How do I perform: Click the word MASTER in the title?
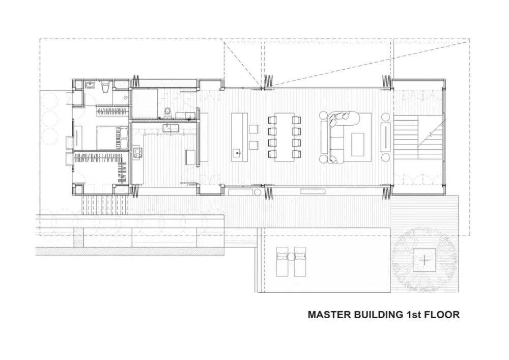point(328,315)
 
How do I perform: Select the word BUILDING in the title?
point(377,315)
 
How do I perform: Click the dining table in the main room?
point(285,136)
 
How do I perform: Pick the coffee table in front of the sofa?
point(357,145)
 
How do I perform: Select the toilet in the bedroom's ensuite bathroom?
point(105,87)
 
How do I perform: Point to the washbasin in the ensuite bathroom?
point(90,85)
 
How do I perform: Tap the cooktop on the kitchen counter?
point(137,152)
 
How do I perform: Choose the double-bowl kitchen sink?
point(171,127)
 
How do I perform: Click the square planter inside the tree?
point(424,260)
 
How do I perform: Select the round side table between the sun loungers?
point(291,257)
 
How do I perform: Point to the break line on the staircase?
point(431,133)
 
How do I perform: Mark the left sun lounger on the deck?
point(282,261)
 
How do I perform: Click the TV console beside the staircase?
point(385,136)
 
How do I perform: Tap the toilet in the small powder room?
point(167,112)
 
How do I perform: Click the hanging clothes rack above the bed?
point(111,111)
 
